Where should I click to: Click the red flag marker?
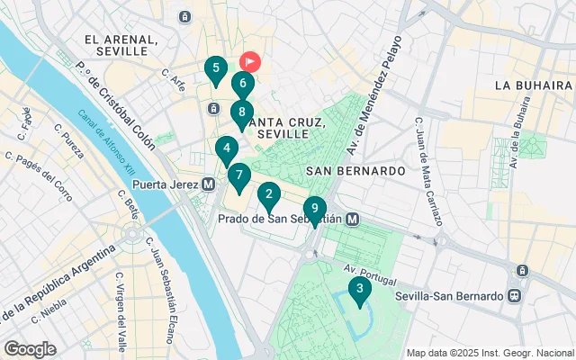coord(249,61)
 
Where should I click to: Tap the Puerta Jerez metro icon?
coord(209,184)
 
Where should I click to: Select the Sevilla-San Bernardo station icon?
coord(513,295)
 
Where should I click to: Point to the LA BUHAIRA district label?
coord(534,85)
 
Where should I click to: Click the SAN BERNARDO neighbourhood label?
coord(355,170)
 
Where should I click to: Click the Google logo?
coord(30,349)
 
